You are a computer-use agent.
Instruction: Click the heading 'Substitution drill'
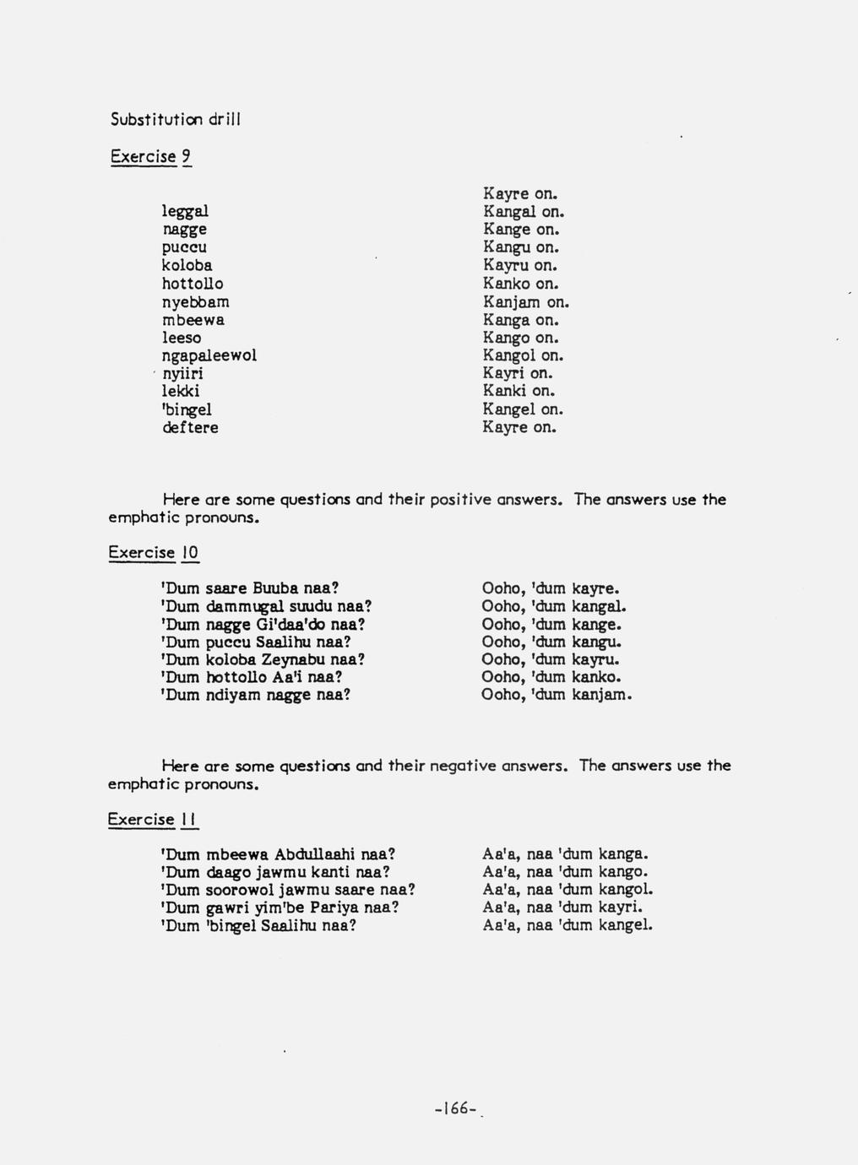pyautogui.click(x=176, y=119)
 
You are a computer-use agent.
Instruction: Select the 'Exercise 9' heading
pyautogui.click(x=150, y=156)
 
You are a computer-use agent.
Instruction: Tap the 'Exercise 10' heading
pyautogui.click(x=153, y=553)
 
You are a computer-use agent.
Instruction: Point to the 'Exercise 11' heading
pyautogui.click(x=152, y=819)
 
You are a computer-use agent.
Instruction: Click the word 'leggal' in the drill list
pyautogui.click(x=185, y=211)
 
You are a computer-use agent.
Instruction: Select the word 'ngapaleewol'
pyautogui.click(x=209, y=355)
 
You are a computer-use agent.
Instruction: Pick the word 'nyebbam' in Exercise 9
pyautogui.click(x=196, y=301)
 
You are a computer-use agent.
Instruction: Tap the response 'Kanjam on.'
pyautogui.click(x=526, y=301)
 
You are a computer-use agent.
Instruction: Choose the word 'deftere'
pyautogui.click(x=190, y=427)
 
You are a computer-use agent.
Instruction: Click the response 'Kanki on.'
pyautogui.click(x=519, y=391)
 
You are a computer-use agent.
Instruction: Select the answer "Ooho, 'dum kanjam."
pyautogui.click(x=557, y=695)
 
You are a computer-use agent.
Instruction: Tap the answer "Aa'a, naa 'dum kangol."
pyautogui.click(x=567, y=889)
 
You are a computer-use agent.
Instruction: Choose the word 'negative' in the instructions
pyautogui.click(x=464, y=766)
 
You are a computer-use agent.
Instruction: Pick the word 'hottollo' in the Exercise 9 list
pyautogui.click(x=193, y=284)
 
